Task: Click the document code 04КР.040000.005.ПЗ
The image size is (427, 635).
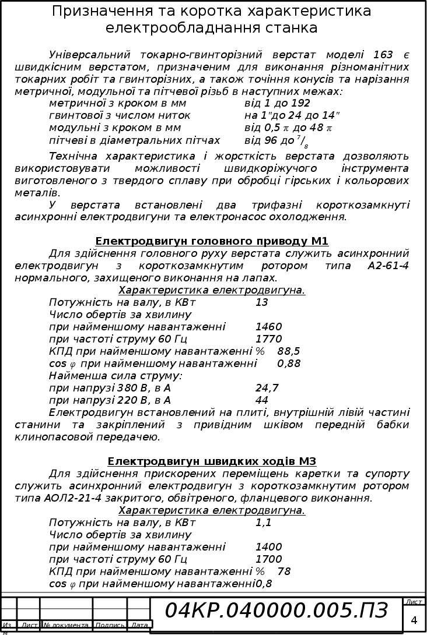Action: pyautogui.click(x=276, y=611)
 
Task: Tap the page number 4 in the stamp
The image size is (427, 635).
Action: pyautogui.click(x=414, y=620)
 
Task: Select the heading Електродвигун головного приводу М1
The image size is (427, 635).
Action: pyautogui.click(x=212, y=241)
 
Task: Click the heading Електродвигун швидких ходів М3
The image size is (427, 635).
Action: pyautogui.click(x=212, y=461)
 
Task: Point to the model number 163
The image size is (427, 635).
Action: pyautogui.click(x=383, y=55)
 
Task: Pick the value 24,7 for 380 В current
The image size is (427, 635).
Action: pyautogui.click(x=267, y=388)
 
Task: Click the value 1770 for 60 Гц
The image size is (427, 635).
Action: pyautogui.click(x=268, y=339)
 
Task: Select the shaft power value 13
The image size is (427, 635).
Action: pyautogui.click(x=261, y=302)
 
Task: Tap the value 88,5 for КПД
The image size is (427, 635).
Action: pyautogui.click(x=289, y=351)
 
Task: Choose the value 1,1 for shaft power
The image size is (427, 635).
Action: pyautogui.click(x=263, y=523)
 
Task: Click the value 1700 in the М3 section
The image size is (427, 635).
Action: pyautogui.click(x=268, y=559)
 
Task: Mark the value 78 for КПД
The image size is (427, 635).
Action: pyautogui.click(x=284, y=571)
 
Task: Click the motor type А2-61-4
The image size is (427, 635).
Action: pyautogui.click(x=388, y=266)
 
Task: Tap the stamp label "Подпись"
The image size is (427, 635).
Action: pyautogui.click(x=110, y=625)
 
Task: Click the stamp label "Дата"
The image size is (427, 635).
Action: pyautogui.click(x=139, y=625)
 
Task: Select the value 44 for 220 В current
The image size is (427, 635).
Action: pyautogui.click(x=261, y=400)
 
